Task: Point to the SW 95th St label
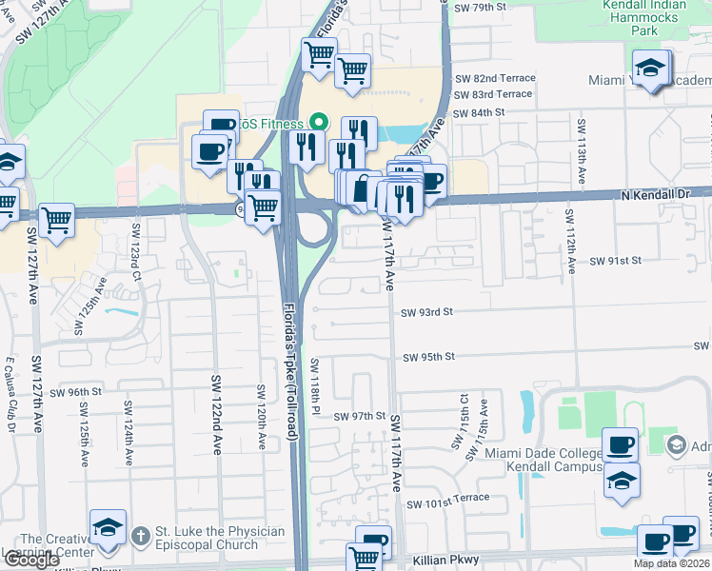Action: [428, 357]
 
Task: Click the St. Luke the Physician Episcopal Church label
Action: [208, 538]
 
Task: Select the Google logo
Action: [31, 560]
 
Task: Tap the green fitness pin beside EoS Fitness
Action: [319, 123]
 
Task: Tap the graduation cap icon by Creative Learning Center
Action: [108, 528]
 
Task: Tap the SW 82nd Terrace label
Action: [495, 78]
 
